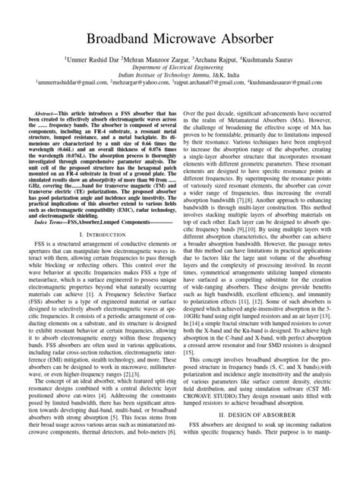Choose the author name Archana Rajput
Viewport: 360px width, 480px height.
(220, 58)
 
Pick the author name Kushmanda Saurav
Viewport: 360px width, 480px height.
(275, 58)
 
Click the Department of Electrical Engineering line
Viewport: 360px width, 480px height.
(180, 68)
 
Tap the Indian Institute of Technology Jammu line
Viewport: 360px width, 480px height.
(180, 77)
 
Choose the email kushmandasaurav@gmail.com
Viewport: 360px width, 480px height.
(292, 87)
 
